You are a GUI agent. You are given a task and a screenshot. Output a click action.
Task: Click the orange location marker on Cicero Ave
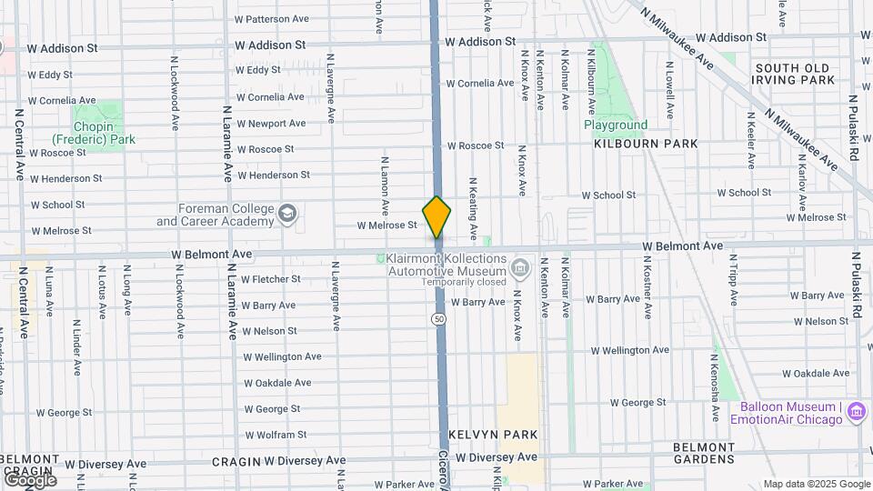coord(436,216)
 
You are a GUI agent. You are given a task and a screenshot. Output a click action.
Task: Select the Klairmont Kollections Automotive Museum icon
coord(519,267)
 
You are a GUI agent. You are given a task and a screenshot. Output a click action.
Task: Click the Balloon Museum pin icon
coord(855,413)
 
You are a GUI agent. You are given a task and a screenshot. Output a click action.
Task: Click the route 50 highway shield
coord(439,319)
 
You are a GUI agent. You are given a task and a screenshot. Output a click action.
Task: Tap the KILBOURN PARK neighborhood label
coord(646,144)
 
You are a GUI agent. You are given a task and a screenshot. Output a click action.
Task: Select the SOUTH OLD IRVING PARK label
coord(794,74)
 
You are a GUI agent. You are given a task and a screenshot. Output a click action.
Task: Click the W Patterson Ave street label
coord(272,18)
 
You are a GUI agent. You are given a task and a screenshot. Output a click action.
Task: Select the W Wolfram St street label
coord(276,435)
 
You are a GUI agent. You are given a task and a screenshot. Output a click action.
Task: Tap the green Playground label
coord(616,125)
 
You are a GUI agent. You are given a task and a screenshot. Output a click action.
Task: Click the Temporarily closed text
coord(463,282)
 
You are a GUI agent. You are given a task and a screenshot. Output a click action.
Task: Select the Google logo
coord(29,479)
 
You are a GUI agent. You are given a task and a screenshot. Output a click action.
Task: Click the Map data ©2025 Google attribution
coord(817,484)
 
